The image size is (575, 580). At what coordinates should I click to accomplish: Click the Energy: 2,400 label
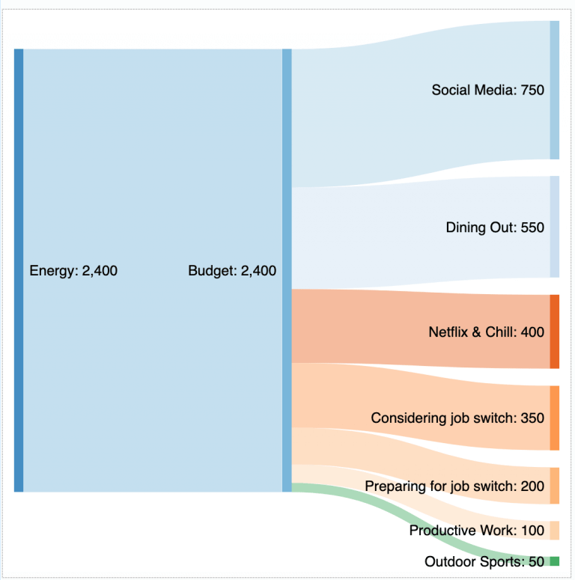pyautogui.click(x=73, y=271)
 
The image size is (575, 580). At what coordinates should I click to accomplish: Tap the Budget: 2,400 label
pyautogui.click(x=232, y=271)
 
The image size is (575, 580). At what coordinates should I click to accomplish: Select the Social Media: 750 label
pyautogui.click(x=487, y=91)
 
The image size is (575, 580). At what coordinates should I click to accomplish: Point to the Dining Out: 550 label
pyautogui.click(x=495, y=228)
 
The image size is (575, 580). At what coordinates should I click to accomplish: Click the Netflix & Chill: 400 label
pyautogui.click(x=486, y=332)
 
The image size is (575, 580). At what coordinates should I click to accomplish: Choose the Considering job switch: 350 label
pyautogui.click(x=457, y=418)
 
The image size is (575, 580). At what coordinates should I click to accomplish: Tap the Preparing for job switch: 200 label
pyautogui.click(x=454, y=486)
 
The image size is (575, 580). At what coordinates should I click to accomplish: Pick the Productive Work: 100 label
pyautogui.click(x=477, y=531)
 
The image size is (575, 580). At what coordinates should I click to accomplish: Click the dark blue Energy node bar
pyautogui.click(x=19, y=270)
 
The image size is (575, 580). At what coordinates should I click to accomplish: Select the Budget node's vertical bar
pyautogui.click(x=287, y=270)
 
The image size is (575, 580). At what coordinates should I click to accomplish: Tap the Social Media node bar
pyautogui.click(x=554, y=90)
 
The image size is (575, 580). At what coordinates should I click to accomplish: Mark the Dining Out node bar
pyautogui.click(x=554, y=227)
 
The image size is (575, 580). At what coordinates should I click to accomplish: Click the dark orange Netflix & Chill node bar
pyautogui.click(x=554, y=332)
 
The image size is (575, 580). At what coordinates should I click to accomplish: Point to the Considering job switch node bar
pyautogui.click(x=554, y=418)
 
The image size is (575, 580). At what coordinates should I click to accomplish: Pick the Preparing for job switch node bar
pyautogui.click(x=554, y=486)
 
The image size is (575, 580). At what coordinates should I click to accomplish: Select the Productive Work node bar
pyautogui.click(x=554, y=530)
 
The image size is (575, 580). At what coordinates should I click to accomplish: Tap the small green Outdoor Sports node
pyautogui.click(x=554, y=561)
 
